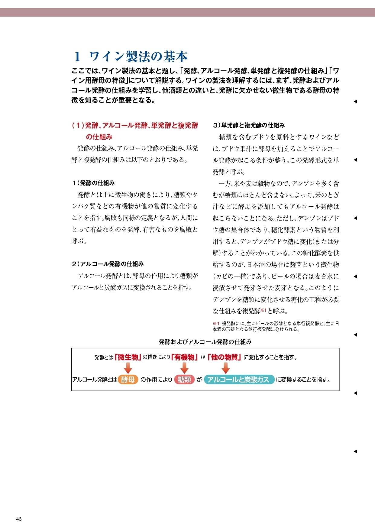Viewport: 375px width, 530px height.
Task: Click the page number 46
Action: (x=19, y=519)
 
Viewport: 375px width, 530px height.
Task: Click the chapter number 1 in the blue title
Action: (x=77, y=57)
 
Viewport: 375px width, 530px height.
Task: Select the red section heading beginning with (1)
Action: (x=135, y=131)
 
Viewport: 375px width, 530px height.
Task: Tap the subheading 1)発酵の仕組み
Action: (x=93, y=183)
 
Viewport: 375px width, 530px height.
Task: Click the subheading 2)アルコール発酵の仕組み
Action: (x=108, y=264)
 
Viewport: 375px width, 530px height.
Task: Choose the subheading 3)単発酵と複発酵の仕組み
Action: (x=249, y=125)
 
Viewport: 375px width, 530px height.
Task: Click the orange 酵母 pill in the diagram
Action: (x=128, y=380)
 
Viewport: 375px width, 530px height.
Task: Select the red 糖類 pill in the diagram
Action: (x=184, y=380)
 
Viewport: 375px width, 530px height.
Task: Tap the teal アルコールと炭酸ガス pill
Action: (x=239, y=380)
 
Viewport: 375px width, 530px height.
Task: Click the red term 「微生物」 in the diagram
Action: (x=128, y=357)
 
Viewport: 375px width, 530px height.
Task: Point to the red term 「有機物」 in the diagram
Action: (x=184, y=357)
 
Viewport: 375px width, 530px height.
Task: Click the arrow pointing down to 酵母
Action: (x=128, y=368)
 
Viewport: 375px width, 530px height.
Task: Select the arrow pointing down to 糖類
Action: (x=184, y=368)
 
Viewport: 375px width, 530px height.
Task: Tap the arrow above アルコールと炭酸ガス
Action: (x=226, y=368)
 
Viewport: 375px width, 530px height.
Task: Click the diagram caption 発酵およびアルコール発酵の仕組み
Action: (x=205, y=342)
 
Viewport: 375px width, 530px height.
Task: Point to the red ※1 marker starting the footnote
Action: (x=216, y=323)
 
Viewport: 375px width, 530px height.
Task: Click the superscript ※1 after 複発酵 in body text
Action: (x=263, y=310)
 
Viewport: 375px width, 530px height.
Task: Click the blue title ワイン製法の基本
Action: (x=139, y=57)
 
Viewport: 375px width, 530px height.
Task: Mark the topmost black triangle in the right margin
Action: (x=355, y=102)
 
